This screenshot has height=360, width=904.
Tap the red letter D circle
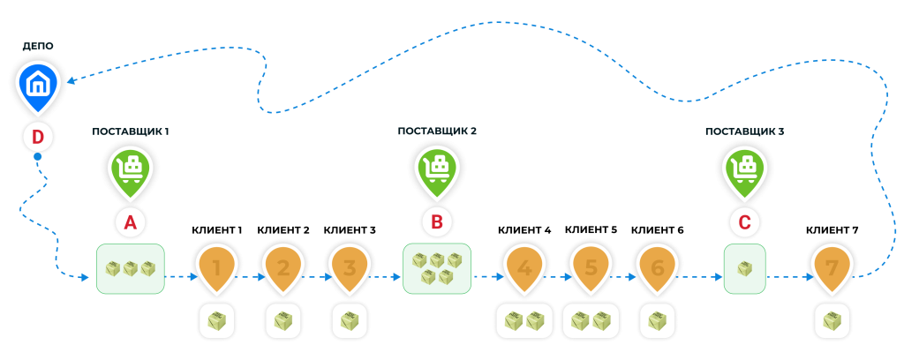(x=38, y=137)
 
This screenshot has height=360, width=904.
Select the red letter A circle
(x=131, y=223)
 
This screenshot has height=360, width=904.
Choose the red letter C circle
(x=744, y=223)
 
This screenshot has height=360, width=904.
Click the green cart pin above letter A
(x=131, y=169)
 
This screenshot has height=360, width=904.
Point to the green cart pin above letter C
(x=744, y=169)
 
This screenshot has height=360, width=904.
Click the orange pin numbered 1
(x=217, y=266)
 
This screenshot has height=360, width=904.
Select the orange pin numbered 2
(x=283, y=266)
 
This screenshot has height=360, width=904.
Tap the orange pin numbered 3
(x=350, y=266)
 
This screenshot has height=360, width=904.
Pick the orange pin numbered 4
(x=524, y=266)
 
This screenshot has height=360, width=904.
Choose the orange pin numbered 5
(x=591, y=266)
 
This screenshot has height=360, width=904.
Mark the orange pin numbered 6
(x=657, y=266)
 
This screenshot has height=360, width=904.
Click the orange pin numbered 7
(x=832, y=266)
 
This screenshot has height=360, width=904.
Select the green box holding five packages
(x=437, y=269)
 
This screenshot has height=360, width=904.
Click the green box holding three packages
(x=130, y=269)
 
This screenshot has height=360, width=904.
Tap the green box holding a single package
(x=744, y=269)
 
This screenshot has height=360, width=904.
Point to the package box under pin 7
(x=832, y=322)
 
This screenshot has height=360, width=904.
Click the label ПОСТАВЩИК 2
(x=437, y=131)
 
